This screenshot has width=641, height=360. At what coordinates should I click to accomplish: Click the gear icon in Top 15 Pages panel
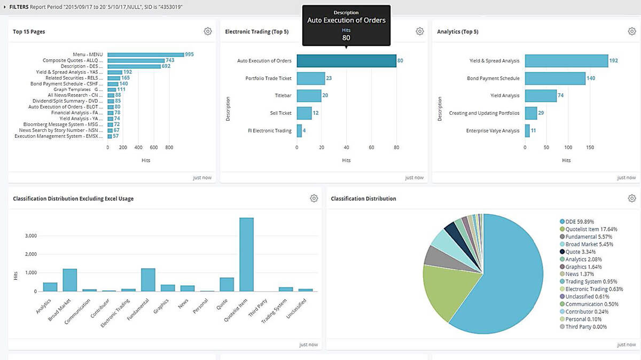[208, 32]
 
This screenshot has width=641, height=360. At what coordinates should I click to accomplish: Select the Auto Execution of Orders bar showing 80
[346, 61]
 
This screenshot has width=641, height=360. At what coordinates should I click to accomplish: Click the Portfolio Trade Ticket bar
[310, 79]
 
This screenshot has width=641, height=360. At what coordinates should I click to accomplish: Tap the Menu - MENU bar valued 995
[145, 54]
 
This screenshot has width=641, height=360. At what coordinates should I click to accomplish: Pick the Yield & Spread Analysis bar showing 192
[566, 61]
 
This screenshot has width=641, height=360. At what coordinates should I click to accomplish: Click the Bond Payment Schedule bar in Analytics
[554, 79]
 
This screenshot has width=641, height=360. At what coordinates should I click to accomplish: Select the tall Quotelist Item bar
[246, 254]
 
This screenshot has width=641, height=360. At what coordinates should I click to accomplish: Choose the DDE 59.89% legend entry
[580, 222]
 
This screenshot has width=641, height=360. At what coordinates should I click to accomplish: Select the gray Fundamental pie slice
[434, 256]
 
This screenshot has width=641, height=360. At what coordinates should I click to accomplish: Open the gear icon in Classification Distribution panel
[632, 199]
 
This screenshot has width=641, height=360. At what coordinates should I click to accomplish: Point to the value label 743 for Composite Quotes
[170, 60]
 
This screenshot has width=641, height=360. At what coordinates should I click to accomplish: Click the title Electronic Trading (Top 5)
[256, 32]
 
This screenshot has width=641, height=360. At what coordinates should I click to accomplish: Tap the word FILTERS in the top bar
[19, 6]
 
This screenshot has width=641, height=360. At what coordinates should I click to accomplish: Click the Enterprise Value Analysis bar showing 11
[527, 131]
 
